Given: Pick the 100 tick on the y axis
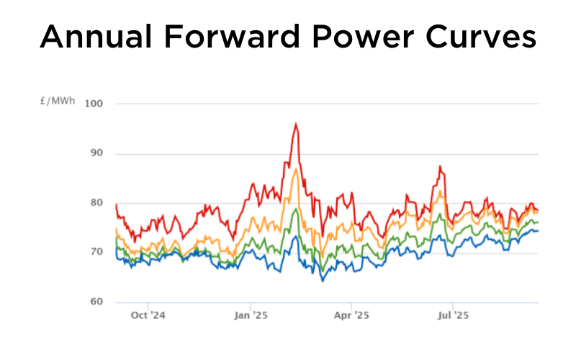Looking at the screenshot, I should [x=94, y=104].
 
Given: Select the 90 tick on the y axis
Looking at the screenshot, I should [x=97, y=153].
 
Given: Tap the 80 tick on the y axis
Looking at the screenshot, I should [x=97, y=203].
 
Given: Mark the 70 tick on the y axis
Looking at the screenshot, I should [x=97, y=252].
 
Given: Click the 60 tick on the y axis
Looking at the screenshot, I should [x=97, y=302].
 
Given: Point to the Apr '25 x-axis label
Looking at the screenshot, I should [x=351, y=315].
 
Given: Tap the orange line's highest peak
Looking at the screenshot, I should [x=296, y=169].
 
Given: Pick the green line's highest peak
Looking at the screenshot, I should [x=296, y=209].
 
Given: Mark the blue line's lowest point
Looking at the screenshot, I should [x=323, y=281].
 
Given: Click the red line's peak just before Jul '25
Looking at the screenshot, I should [x=439, y=166].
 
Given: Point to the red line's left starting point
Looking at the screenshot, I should [x=115, y=204].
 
